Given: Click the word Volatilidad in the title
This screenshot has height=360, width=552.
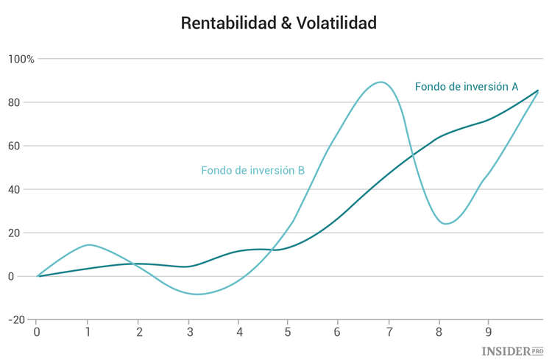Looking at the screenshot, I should (336, 24).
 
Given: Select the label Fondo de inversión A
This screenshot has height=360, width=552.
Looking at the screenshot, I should (466, 87).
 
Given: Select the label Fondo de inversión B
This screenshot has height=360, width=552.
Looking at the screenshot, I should (252, 171).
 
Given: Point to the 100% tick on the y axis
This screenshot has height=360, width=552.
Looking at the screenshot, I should (21, 59).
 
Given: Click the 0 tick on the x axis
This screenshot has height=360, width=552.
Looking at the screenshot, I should (37, 332).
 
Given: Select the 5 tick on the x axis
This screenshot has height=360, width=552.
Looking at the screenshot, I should (288, 332).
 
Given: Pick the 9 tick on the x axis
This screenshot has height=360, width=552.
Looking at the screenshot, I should (489, 332).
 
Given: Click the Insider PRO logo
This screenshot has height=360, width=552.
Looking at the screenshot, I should (512, 352).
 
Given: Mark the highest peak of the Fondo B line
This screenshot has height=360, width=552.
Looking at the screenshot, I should (381, 82).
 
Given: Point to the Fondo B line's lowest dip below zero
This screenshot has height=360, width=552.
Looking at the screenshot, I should (197, 294).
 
